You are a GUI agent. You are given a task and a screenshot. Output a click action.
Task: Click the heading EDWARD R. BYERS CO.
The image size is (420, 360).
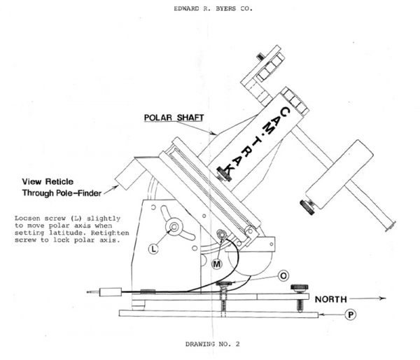click(x=209, y=10)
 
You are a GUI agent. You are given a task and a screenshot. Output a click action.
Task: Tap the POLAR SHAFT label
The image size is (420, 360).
click(x=175, y=118)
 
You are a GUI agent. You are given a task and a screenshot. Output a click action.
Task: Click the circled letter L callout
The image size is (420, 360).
click(x=153, y=247)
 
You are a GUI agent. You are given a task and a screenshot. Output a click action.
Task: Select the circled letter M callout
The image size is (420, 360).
click(x=217, y=263)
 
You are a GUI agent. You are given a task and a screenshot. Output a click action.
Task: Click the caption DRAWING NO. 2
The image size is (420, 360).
click(x=211, y=345)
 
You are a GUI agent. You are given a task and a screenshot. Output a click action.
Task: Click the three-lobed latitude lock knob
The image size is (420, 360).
click(x=171, y=226)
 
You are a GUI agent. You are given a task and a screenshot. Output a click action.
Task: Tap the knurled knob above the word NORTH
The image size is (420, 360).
click(x=299, y=286)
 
